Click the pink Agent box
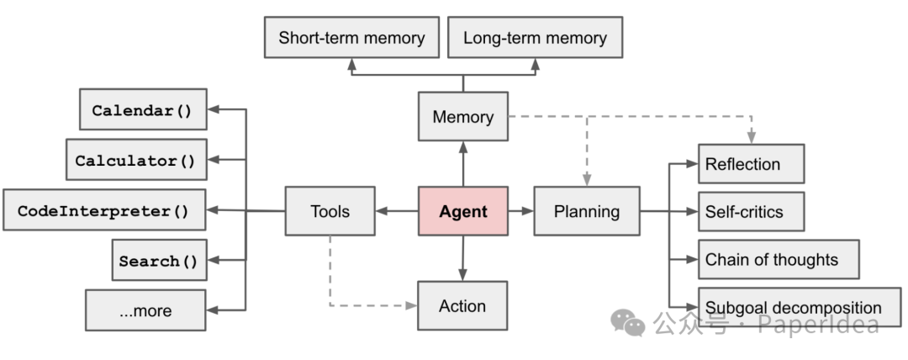point(463,211)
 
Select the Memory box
point(462,117)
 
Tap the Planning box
point(586,211)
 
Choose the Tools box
point(330,211)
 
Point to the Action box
point(462,305)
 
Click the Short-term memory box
point(351,38)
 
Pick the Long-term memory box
point(535,38)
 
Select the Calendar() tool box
point(143,109)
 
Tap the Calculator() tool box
point(135,160)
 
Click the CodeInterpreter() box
point(104,210)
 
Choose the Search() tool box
point(158,260)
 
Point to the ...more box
point(145,310)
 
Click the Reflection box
point(751,164)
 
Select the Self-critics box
point(751,211)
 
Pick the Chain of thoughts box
point(778,259)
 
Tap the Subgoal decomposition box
point(799,307)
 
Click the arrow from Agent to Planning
point(520,211)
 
